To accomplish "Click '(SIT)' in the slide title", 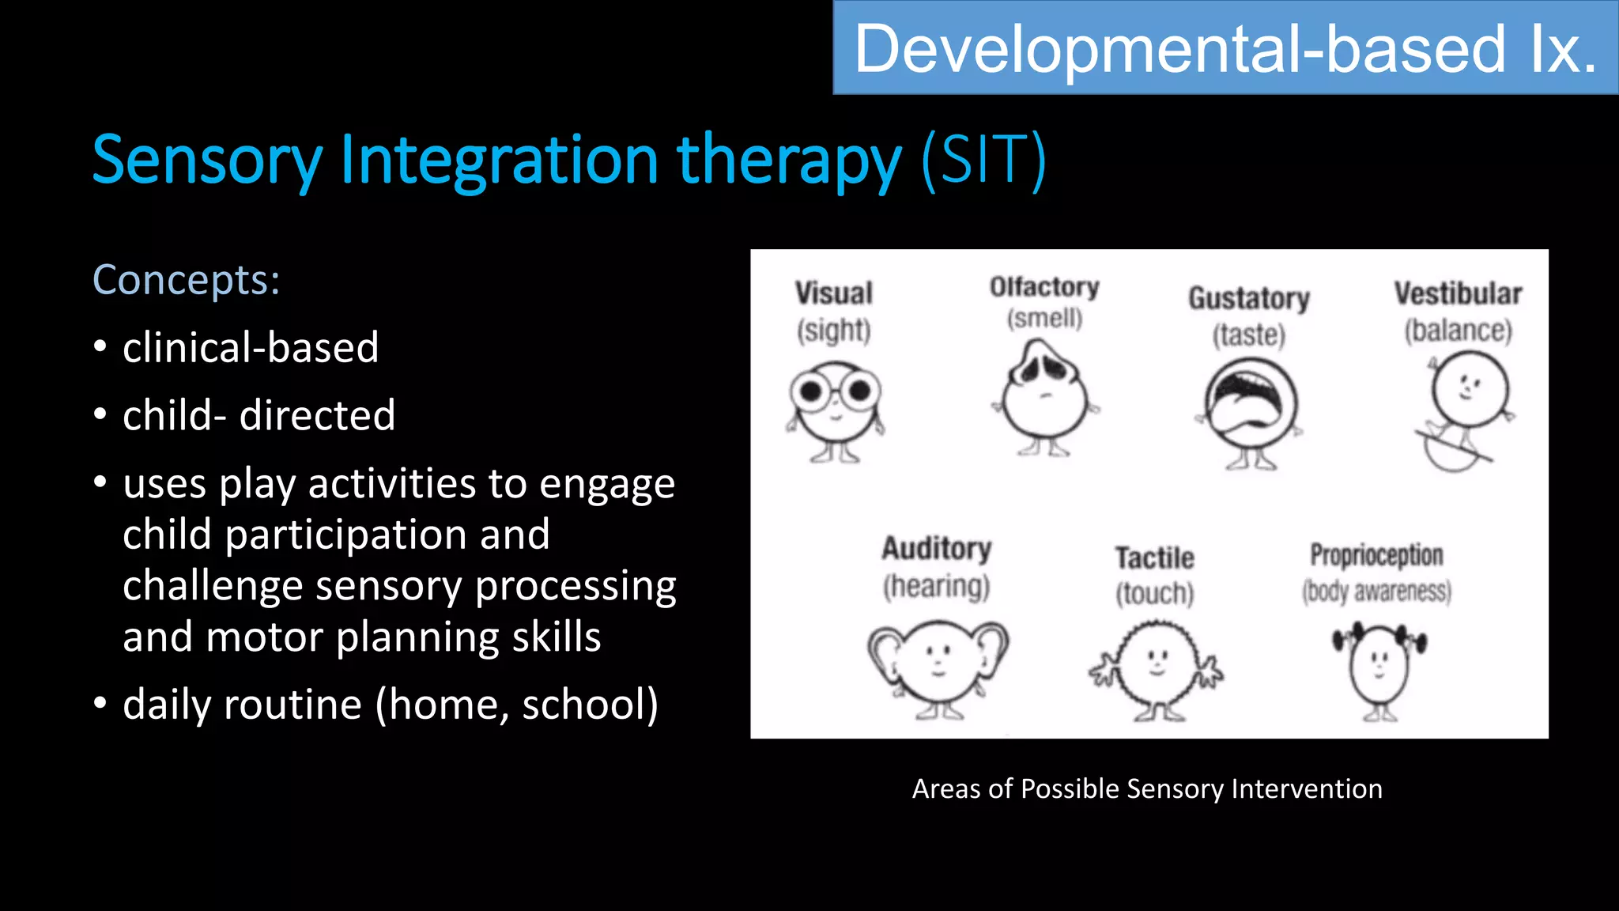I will (x=984, y=161).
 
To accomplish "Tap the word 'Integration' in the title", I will (x=500, y=161).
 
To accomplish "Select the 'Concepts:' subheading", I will (x=187, y=280).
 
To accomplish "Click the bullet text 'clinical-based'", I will (x=251, y=348).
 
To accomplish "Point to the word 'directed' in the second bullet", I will (x=317, y=416).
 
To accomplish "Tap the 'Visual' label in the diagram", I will (x=833, y=293).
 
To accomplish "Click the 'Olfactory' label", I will (x=1044, y=287).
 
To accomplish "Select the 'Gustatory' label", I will (x=1249, y=299).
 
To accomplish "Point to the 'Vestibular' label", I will (x=1458, y=293).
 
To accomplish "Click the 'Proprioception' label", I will (x=1376, y=555).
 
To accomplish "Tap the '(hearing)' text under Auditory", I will (x=936, y=587).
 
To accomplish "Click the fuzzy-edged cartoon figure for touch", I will (x=1156, y=669).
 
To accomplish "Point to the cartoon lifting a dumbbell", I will (x=1379, y=669).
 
